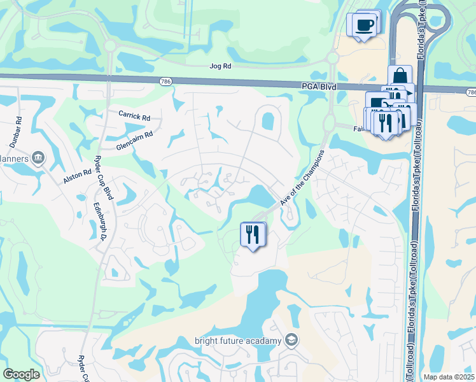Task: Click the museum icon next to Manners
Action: (x=38, y=157)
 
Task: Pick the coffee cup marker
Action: (x=364, y=25)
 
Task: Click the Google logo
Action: (x=22, y=374)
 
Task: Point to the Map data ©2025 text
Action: (x=449, y=377)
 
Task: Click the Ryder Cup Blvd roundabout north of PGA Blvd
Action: (x=109, y=46)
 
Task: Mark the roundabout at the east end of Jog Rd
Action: (x=331, y=59)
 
